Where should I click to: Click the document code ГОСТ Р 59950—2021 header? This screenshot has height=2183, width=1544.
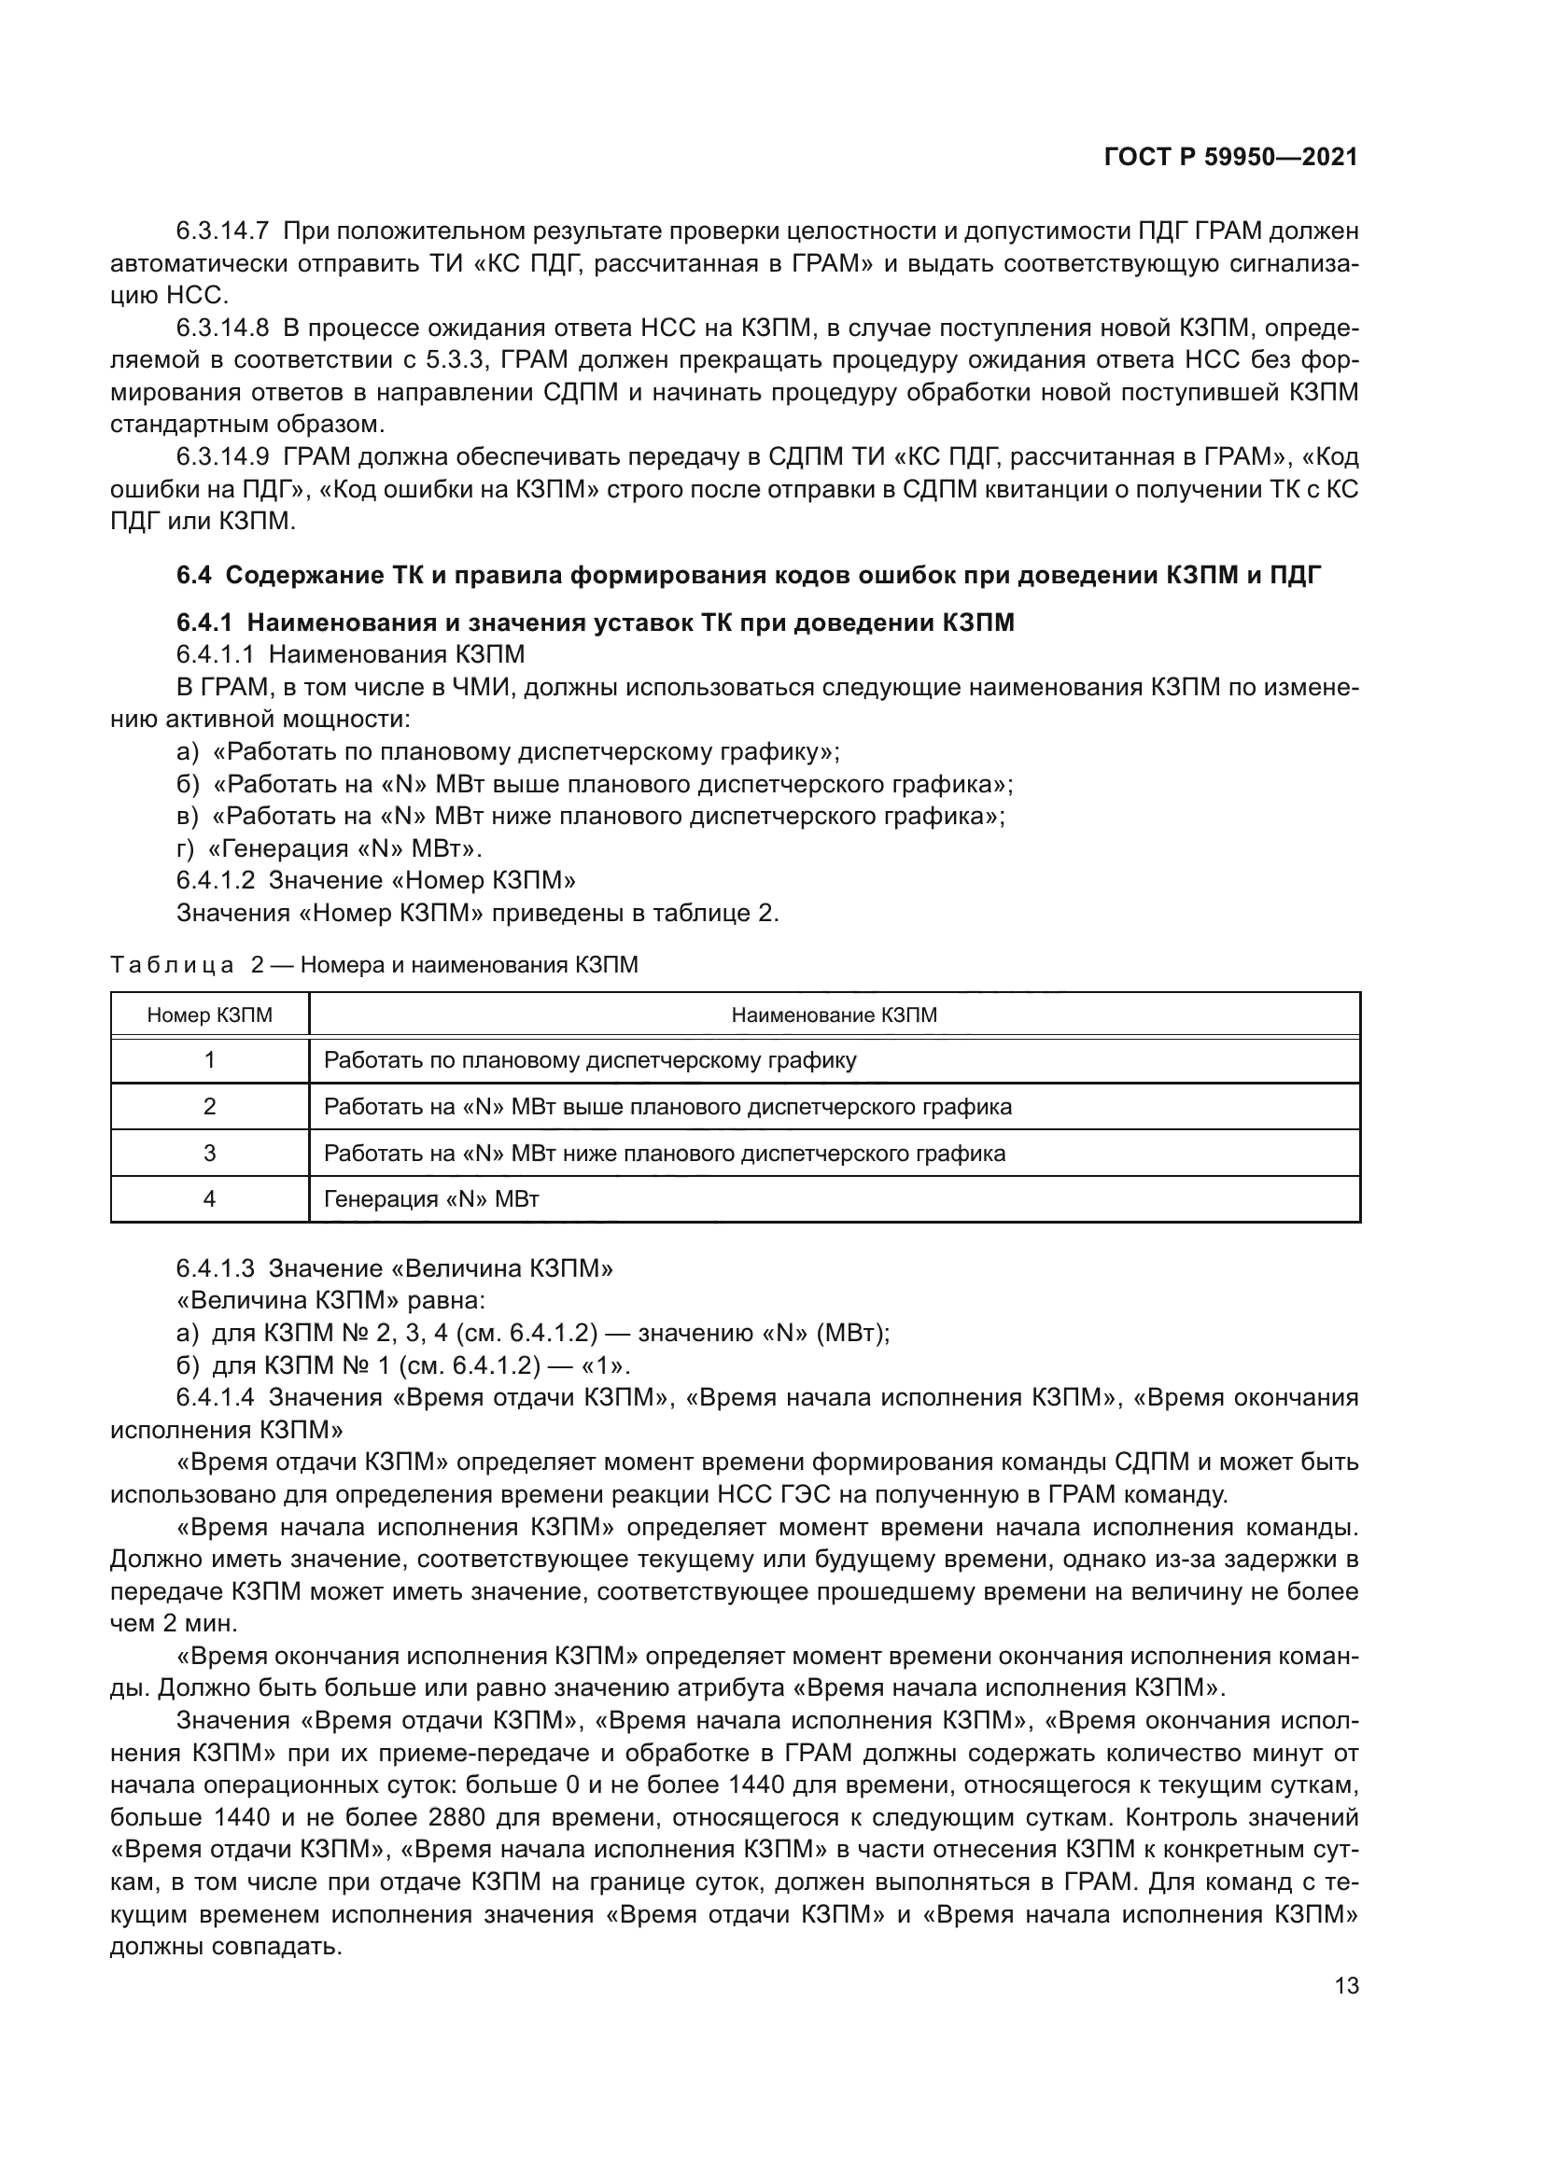1230,158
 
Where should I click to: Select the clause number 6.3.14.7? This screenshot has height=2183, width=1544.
222,231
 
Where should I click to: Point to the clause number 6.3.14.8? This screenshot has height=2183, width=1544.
222,328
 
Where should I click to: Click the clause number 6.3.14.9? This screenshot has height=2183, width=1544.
222,457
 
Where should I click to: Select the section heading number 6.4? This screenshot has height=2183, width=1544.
196,575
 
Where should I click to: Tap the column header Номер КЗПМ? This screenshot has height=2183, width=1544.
209,1015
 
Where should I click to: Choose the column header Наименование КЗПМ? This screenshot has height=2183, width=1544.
834,1015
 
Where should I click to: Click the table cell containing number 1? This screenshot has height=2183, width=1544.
209,1060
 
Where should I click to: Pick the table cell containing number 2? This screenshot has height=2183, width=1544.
209,1107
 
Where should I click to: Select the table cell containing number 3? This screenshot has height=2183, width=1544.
209,1154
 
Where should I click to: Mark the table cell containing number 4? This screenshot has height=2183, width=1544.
209,1199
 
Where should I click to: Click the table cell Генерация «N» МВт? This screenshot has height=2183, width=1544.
431,1199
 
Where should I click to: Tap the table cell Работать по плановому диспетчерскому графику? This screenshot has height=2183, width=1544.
589,1060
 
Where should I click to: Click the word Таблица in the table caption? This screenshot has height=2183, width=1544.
172,965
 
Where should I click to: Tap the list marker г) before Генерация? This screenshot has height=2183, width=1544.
186,848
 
